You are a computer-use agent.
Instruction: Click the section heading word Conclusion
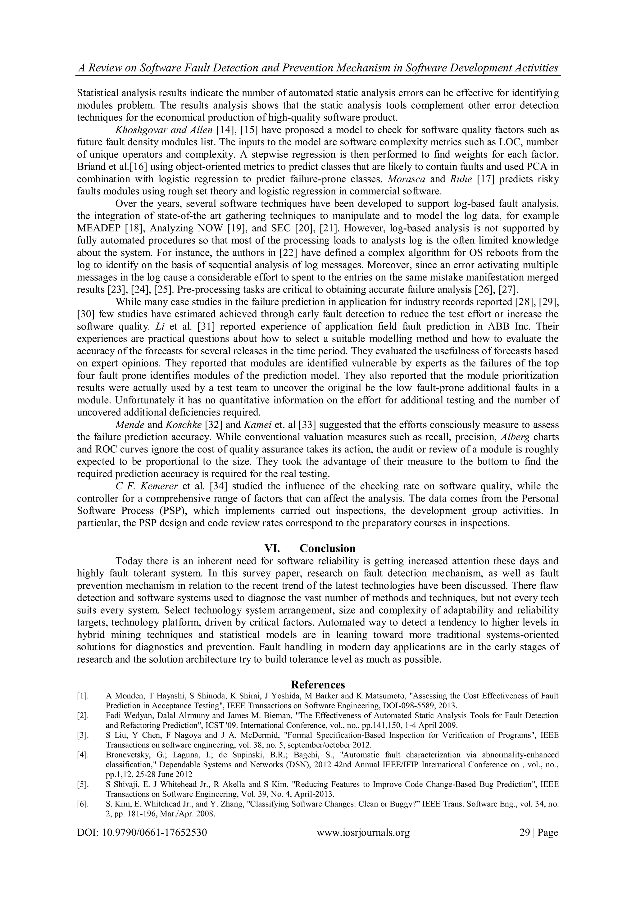click(x=327, y=548)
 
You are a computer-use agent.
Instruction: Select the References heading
click(x=318, y=684)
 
